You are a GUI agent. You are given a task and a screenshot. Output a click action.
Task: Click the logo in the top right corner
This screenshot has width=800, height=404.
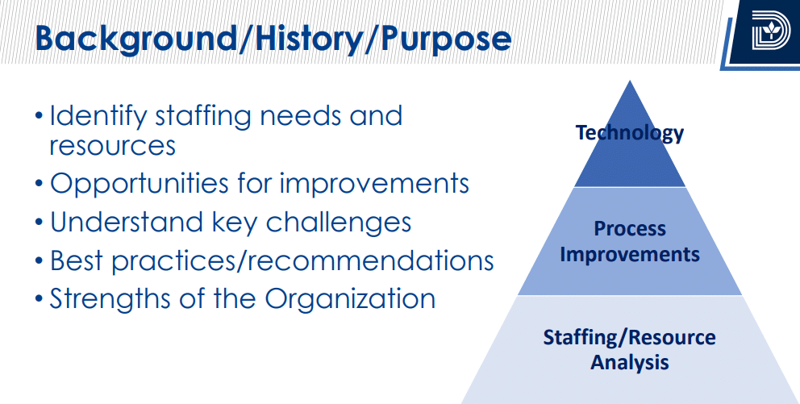(770, 31)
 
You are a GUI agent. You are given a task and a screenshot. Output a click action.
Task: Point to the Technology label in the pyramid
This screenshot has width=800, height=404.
(630, 133)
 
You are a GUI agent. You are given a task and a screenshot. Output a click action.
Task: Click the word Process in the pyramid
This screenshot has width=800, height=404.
(630, 228)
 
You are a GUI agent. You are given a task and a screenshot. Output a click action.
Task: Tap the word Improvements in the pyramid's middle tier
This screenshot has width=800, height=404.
(630, 254)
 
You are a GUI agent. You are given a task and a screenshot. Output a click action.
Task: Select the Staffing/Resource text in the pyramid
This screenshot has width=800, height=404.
(629, 338)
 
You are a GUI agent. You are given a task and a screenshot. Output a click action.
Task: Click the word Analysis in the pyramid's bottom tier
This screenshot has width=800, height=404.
(630, 362)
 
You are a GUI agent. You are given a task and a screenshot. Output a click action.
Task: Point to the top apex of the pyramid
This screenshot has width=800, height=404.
(630, 81)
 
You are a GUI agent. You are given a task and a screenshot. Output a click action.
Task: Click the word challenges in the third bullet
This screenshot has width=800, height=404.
(338, 222)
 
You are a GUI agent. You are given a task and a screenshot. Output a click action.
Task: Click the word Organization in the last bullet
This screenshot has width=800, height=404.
(350, 299)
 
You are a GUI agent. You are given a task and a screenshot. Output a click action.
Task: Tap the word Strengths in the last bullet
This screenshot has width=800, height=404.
(110, 299)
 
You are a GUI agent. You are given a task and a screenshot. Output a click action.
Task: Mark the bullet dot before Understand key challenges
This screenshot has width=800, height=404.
(40, 223)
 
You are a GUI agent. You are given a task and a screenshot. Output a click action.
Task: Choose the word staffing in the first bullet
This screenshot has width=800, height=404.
(203, 117)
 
